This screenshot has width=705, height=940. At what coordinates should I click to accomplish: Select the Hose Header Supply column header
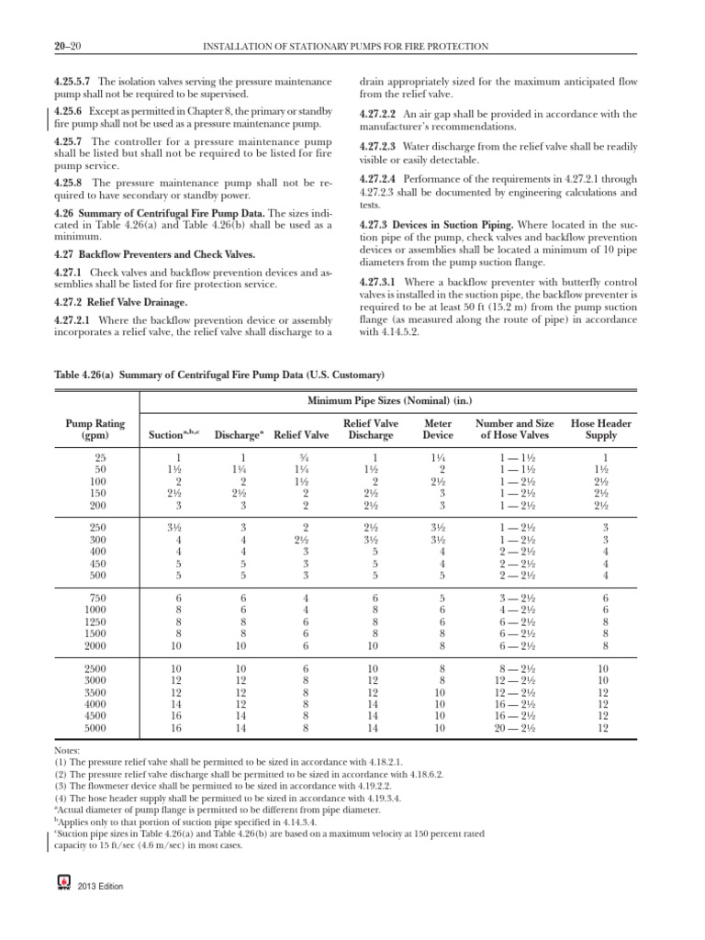pos(601,430)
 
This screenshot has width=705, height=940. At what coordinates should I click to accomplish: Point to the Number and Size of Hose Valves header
pos(514,430)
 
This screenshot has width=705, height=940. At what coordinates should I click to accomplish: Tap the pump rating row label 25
pos(101,457)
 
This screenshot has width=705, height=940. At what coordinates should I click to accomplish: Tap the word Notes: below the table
pos(68,750)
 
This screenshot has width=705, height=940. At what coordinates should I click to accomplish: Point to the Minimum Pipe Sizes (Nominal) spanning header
pos(391,400)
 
